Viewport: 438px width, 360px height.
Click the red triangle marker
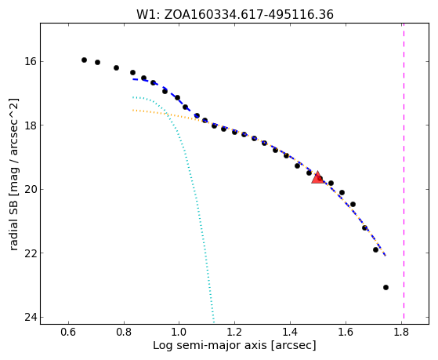[x=317, y=178]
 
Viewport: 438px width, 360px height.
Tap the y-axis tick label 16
[x=30, y=61]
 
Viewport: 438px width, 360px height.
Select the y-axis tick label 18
[x=30, y=125]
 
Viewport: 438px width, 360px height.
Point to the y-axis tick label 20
[x=30, y=189]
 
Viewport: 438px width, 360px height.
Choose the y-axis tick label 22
[x=30, y=253]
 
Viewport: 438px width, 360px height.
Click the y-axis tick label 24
[x=30, y=317]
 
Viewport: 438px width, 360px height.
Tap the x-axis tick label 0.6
[x=68, y=332]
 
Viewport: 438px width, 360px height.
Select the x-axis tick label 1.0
[x=179, y=332]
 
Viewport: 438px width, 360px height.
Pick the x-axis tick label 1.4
[x=290, y=332]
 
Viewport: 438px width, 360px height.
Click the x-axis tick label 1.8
[x=401, y=332]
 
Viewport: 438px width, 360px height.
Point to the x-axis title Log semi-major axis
[x=210, y=346]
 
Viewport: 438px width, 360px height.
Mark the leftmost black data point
[x=84, y=60]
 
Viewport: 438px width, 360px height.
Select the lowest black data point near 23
[x=386, y=287]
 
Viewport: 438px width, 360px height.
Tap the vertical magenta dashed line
[x=404, y=171]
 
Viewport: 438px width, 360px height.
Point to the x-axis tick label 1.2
[x=234, y=332]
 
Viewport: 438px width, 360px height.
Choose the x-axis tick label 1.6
[x=346, y=332]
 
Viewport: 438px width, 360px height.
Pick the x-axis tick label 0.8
[x=124, y=332]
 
